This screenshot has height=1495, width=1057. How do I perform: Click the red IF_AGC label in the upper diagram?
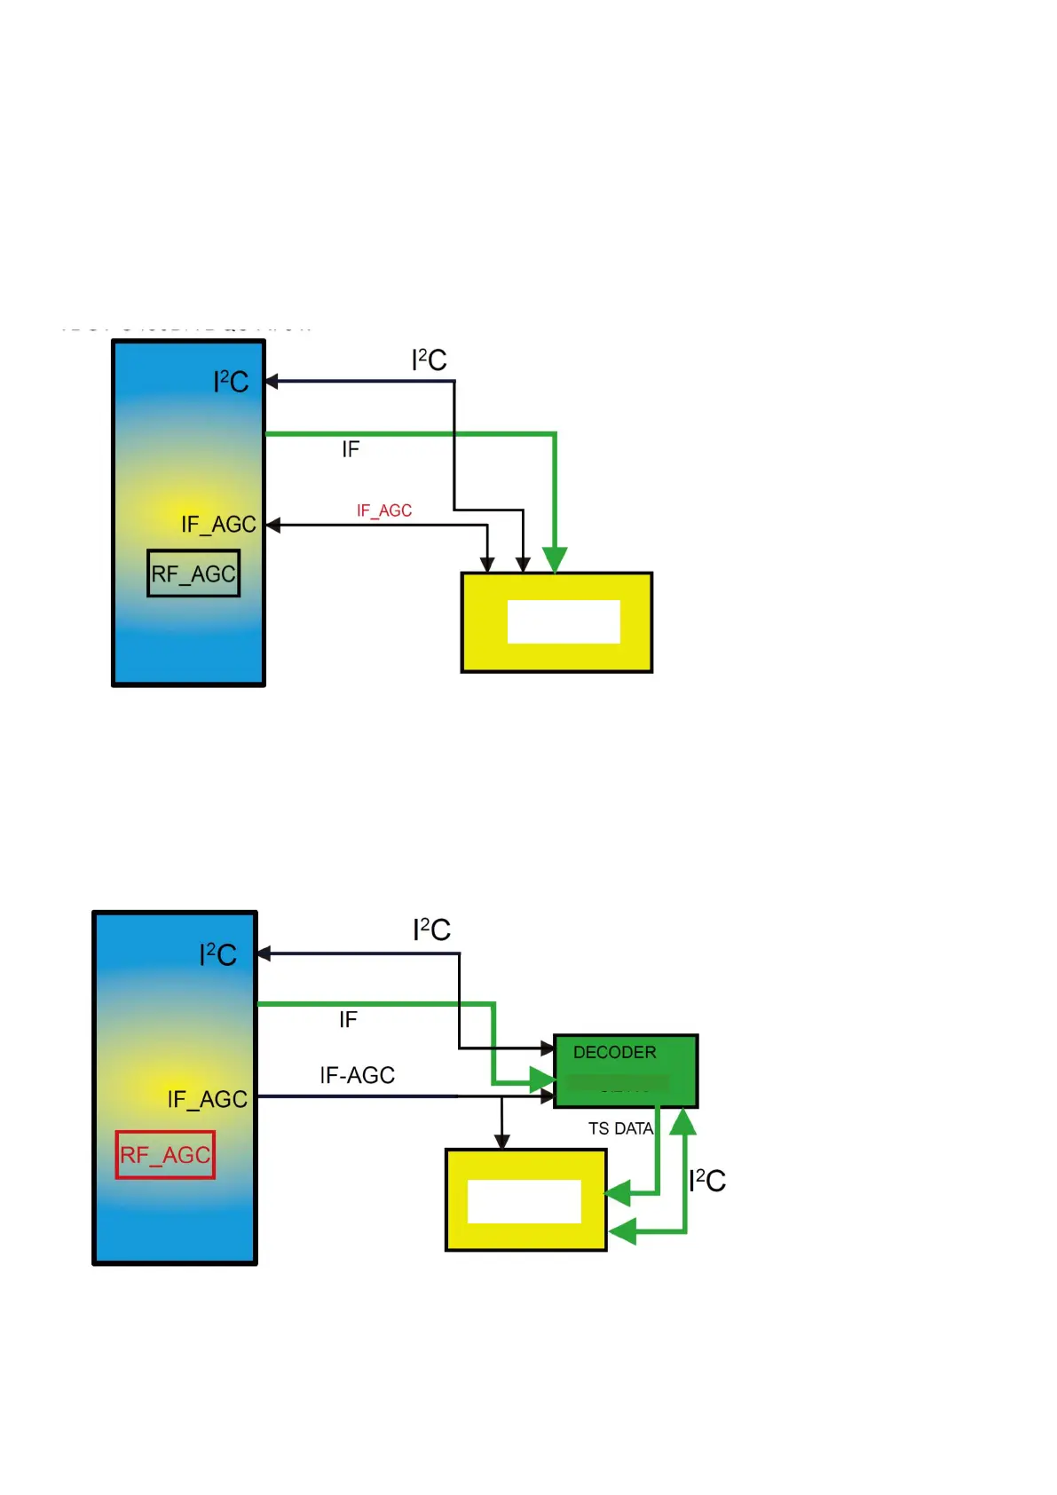click(x=384, y=510)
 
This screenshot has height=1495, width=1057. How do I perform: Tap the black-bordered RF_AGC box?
click(x=193, y=573)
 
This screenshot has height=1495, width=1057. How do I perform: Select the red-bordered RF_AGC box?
click(x=165, y=1154)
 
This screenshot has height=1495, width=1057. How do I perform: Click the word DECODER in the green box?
click(x=614, y=1052)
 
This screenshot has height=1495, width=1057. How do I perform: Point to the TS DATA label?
click(x=620, y=1128)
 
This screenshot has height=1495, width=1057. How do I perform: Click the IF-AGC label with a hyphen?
click(x=357, y=1075)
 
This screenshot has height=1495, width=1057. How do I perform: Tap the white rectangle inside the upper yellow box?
click(x=564, y=621)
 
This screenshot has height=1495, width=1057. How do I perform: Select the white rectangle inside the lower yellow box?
click(x=524, y=1201)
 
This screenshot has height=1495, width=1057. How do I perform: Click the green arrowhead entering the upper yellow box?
click(x=555, y=559)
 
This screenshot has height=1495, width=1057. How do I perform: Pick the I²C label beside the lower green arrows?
click(x=707, y=1180)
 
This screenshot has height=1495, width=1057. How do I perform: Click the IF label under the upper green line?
click(x=351, y=450)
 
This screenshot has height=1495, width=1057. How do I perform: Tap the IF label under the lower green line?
click(x=348, y=1020)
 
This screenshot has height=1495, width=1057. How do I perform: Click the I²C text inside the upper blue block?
click(x=231, y=382)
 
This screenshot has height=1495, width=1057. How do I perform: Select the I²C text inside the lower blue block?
click(x=217, y=954)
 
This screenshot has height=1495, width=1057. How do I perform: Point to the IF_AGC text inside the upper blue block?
click(x=218, y=525)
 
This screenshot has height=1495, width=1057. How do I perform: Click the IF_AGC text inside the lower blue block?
click(x=208, y=1099)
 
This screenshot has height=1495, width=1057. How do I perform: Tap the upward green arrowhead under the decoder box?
click(x=682, y=1123)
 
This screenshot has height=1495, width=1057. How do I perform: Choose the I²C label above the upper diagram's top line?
click(x=429, y=360)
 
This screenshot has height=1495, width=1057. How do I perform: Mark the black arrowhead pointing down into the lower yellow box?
click(x=502, y=1141)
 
